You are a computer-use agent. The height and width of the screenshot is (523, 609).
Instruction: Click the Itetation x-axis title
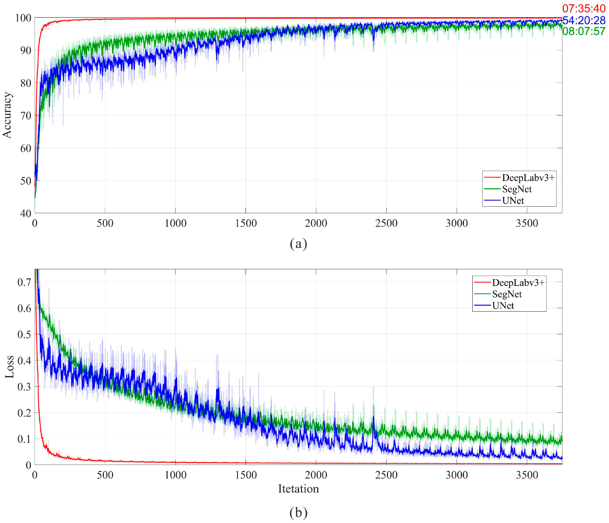click(x=298, y=489)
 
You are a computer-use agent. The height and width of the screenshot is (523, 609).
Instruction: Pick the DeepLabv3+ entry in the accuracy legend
click(x=528, y=178)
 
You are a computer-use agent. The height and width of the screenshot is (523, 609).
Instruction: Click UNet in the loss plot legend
click(x=503, y=305)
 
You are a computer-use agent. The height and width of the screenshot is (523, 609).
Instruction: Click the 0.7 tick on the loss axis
click(x=24, y=282)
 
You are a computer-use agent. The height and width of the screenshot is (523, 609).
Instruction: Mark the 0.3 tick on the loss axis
click(x=24, y=387)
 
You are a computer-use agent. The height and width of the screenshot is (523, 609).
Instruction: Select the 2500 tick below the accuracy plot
click(x=386, y=223)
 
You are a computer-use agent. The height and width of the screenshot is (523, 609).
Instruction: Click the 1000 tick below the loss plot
click(x=175, y=475)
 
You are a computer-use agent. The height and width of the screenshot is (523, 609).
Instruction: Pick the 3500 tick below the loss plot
click(x=527, y=475)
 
